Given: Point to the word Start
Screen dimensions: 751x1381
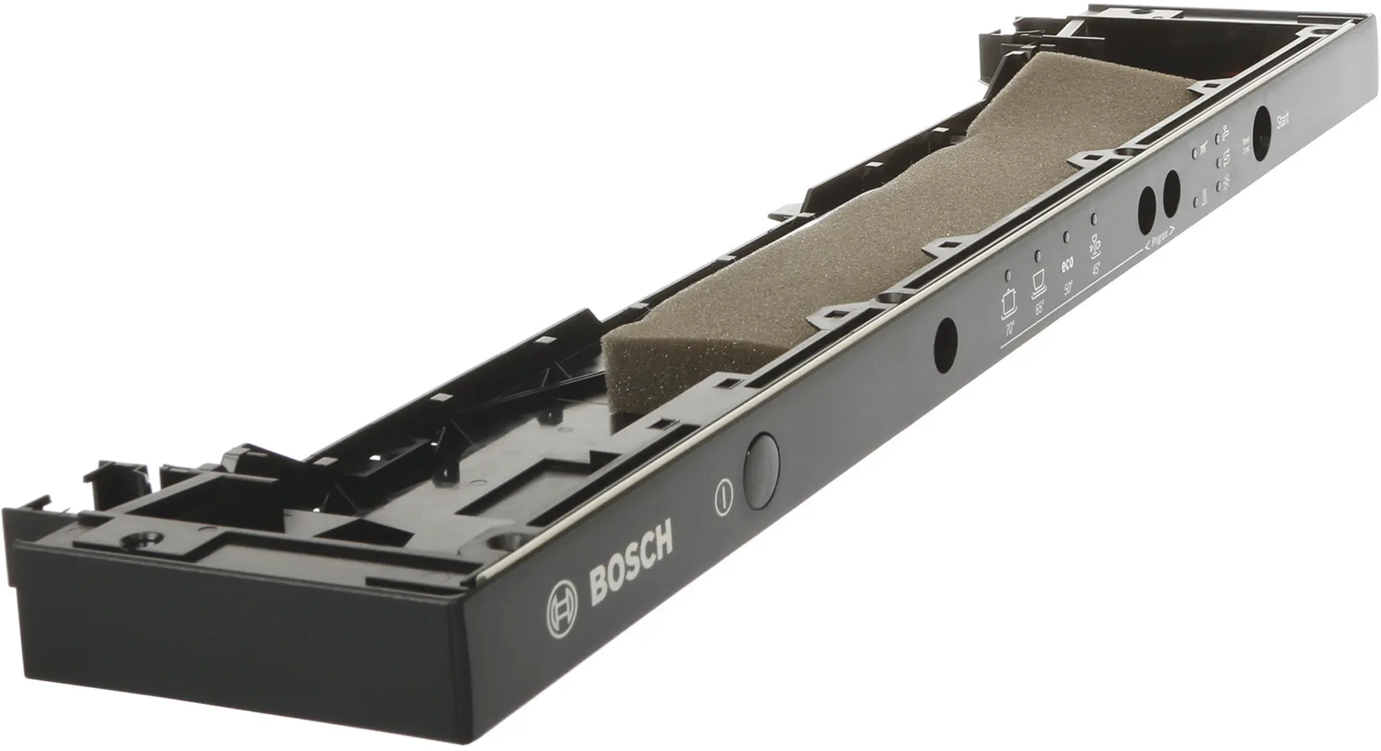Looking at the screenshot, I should click(1283, 122).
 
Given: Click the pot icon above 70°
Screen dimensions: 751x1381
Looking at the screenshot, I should click(1007, 303).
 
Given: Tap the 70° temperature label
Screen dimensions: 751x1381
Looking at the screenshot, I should click(1009, 329).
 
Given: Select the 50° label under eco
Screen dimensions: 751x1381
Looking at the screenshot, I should click(1068, 288).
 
